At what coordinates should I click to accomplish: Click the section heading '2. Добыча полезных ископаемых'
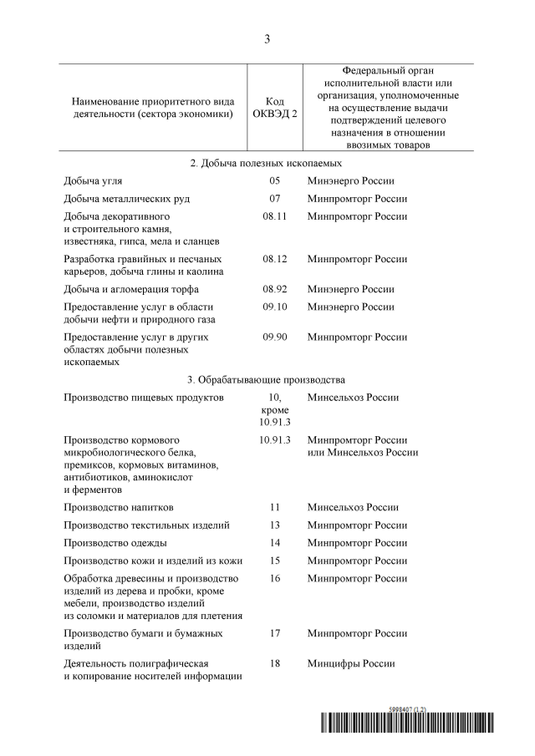click(x=267, y=163)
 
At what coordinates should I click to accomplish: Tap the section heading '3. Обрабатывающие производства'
click(x=267, y=379)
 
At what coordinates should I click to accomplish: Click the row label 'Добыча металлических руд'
click(x=126, y=199)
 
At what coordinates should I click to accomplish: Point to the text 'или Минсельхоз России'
click(x=363, y=452)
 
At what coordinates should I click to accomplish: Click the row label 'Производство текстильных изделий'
click(x=146, y=525)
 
